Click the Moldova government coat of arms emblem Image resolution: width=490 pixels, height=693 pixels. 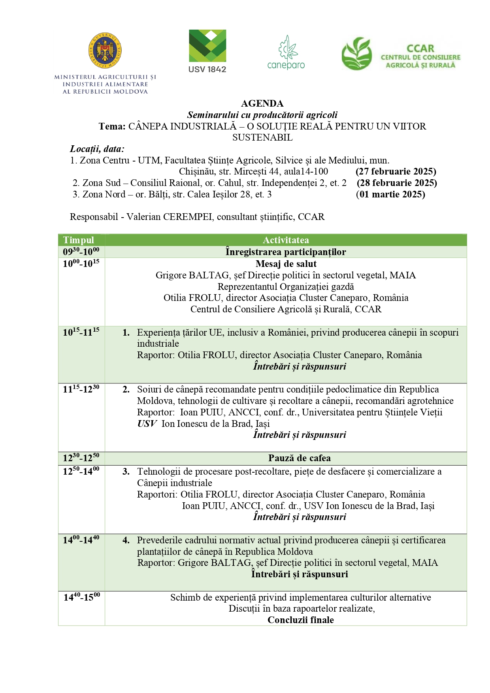click(105, 51)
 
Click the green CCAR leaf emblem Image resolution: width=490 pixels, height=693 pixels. click(357, 54)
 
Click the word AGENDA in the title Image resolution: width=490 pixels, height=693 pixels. click(262, 103)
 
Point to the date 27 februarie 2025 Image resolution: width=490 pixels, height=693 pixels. click(396, 171)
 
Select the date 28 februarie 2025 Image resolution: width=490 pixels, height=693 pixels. click(397, 183)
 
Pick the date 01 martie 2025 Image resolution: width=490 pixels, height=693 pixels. click(390, 194)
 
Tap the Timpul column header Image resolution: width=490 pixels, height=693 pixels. click(79, 240)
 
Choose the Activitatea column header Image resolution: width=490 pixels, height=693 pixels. click(286, 240)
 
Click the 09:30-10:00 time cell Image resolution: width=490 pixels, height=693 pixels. click(81, 252)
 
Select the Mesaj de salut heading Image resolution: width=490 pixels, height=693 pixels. click(286, 264)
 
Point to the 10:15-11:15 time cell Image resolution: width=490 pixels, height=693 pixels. click(81, 332)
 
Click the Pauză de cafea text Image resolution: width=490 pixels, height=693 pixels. click(300, 458)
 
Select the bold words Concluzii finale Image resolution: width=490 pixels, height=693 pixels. click(301, 620)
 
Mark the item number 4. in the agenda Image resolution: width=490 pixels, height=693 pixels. click(126, 540)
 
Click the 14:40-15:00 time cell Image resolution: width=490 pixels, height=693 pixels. click(82, 597)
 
